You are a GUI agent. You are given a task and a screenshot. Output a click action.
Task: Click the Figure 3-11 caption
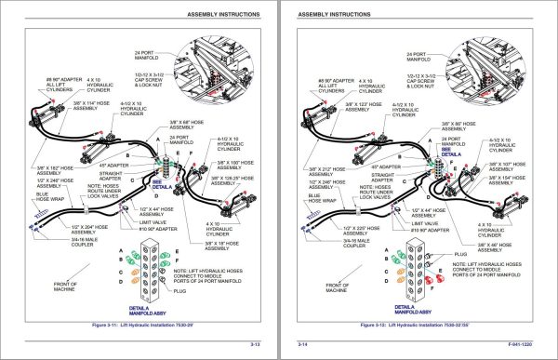point(139,327)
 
